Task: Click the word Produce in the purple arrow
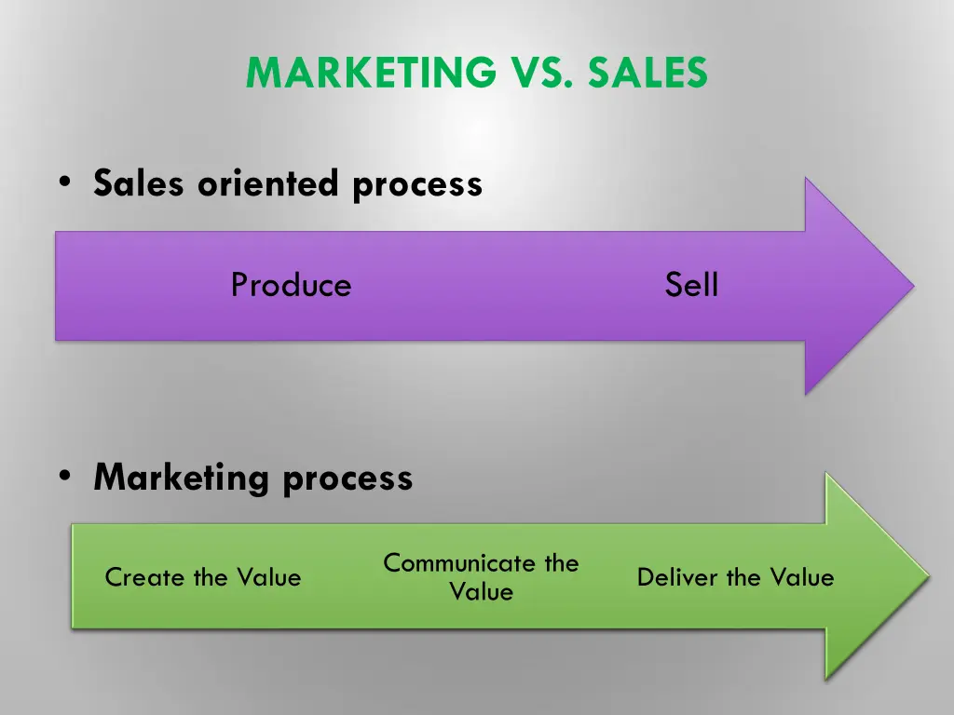pyautogui.click(x=291, y=285)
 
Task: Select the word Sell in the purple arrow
pyautogui.click(x=691, y=285)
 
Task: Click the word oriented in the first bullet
pyautogui.click(x=270, y=183)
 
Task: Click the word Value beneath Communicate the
pyautogui.click(x=481, y=592)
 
